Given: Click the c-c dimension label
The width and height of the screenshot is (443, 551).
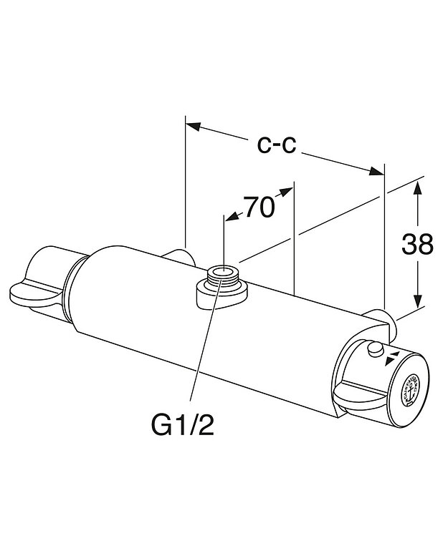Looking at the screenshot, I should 277,145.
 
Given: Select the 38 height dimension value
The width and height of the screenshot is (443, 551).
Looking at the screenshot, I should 417,245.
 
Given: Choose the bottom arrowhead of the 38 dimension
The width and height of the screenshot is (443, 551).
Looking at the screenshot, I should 418,303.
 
